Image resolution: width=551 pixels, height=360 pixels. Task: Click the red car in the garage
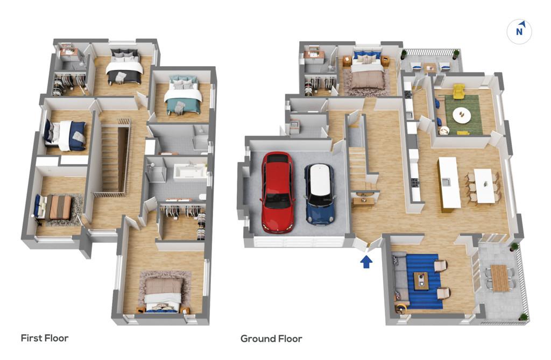(278, 192)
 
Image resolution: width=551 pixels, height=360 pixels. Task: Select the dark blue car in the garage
(320, 194)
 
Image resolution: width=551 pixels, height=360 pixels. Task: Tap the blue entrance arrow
(366, 262)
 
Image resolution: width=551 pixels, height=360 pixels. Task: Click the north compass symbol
(519, 32)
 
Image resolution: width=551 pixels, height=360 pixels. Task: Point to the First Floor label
(45, 338)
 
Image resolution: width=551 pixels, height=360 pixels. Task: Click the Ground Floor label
(271, 338)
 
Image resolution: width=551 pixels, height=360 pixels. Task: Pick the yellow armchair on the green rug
(458, 91)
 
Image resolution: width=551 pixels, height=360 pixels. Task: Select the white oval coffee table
(462, 115)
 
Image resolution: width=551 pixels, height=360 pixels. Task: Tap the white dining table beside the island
(484, 186)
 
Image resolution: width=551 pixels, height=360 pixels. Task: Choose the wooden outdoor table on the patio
(499, 278)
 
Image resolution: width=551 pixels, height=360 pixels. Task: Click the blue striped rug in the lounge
(424, 281)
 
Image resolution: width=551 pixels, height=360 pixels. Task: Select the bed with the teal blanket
(182, 95)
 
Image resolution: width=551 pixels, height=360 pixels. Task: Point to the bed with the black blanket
(124, 67)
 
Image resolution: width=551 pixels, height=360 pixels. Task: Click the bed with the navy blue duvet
(65, 136)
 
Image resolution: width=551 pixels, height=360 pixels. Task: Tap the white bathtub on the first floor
(190, 173)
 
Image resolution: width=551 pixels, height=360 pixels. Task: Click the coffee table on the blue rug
(421, 281)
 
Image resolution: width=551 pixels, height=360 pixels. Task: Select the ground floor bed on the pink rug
(366, 72)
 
